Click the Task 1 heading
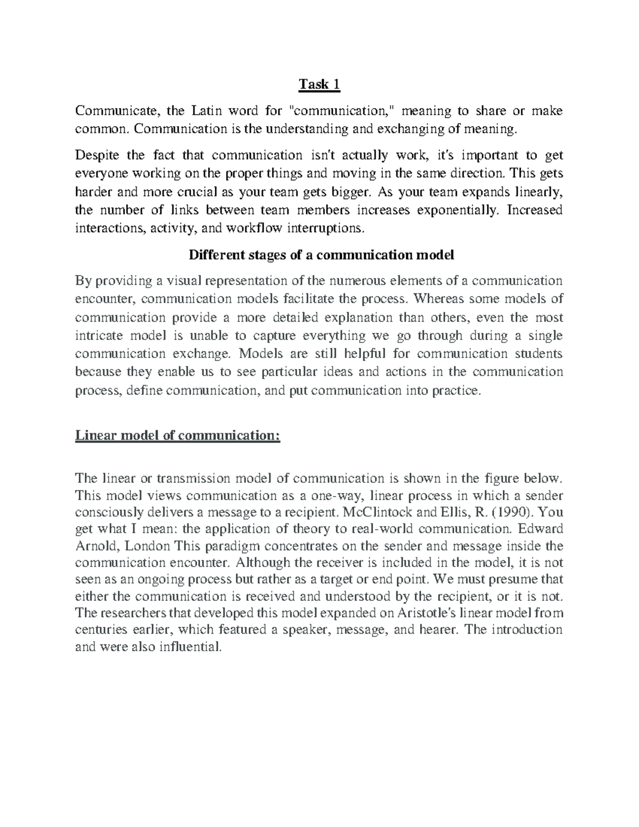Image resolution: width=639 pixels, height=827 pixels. [x=319, y=85]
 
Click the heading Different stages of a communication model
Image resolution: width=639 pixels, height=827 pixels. [x=322, y=255]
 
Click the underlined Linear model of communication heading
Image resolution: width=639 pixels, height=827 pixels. [x=177, y=435]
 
